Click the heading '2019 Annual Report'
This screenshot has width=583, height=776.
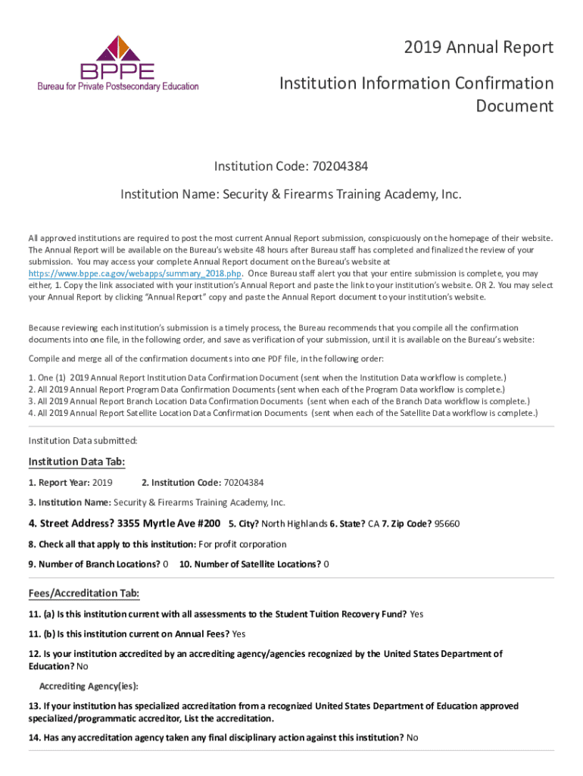[479, 48]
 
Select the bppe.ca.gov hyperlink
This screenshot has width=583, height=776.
[136, 274]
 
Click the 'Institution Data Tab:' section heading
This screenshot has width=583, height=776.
[76, 462]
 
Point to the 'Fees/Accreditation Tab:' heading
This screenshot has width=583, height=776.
[84, 593]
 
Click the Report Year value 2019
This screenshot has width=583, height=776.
[102, 483]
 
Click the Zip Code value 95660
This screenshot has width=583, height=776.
[447, 524]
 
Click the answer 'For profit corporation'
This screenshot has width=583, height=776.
[242, 544]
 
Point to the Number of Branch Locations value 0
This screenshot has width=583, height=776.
[166, 564]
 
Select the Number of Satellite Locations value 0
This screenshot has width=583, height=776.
[326, 564]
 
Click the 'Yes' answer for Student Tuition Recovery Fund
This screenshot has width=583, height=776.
[416, 614]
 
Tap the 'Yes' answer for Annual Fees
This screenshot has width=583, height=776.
[238, 634]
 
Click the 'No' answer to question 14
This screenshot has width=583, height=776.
[412, 737]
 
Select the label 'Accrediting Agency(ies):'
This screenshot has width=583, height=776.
[89, 686]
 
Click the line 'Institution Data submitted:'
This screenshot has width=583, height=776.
[83, 440]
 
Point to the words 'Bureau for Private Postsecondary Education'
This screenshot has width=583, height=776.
[118, 86]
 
